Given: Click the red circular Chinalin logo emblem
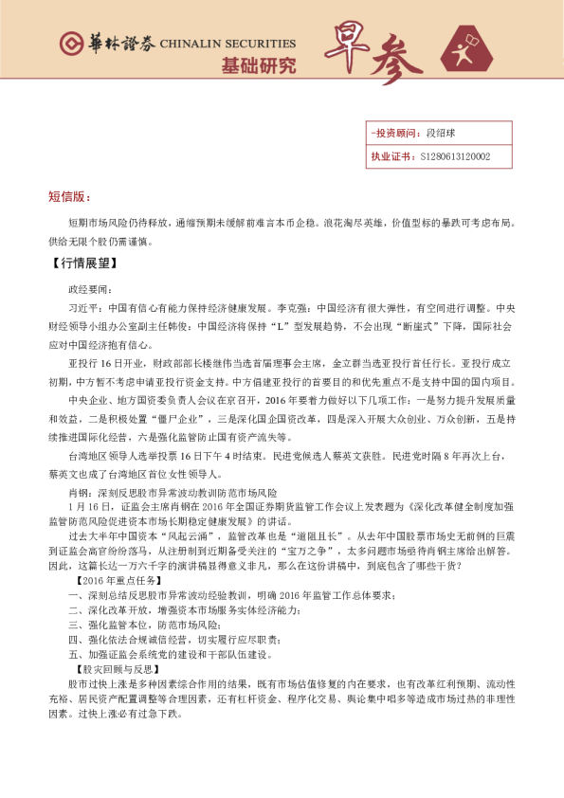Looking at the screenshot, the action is point(71,44).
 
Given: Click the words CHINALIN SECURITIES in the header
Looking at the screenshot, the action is point(227,44).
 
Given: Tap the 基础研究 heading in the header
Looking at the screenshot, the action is point(258,66).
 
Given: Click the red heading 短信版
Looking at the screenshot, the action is point(69,197).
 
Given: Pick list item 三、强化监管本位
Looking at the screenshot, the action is point(121,625).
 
